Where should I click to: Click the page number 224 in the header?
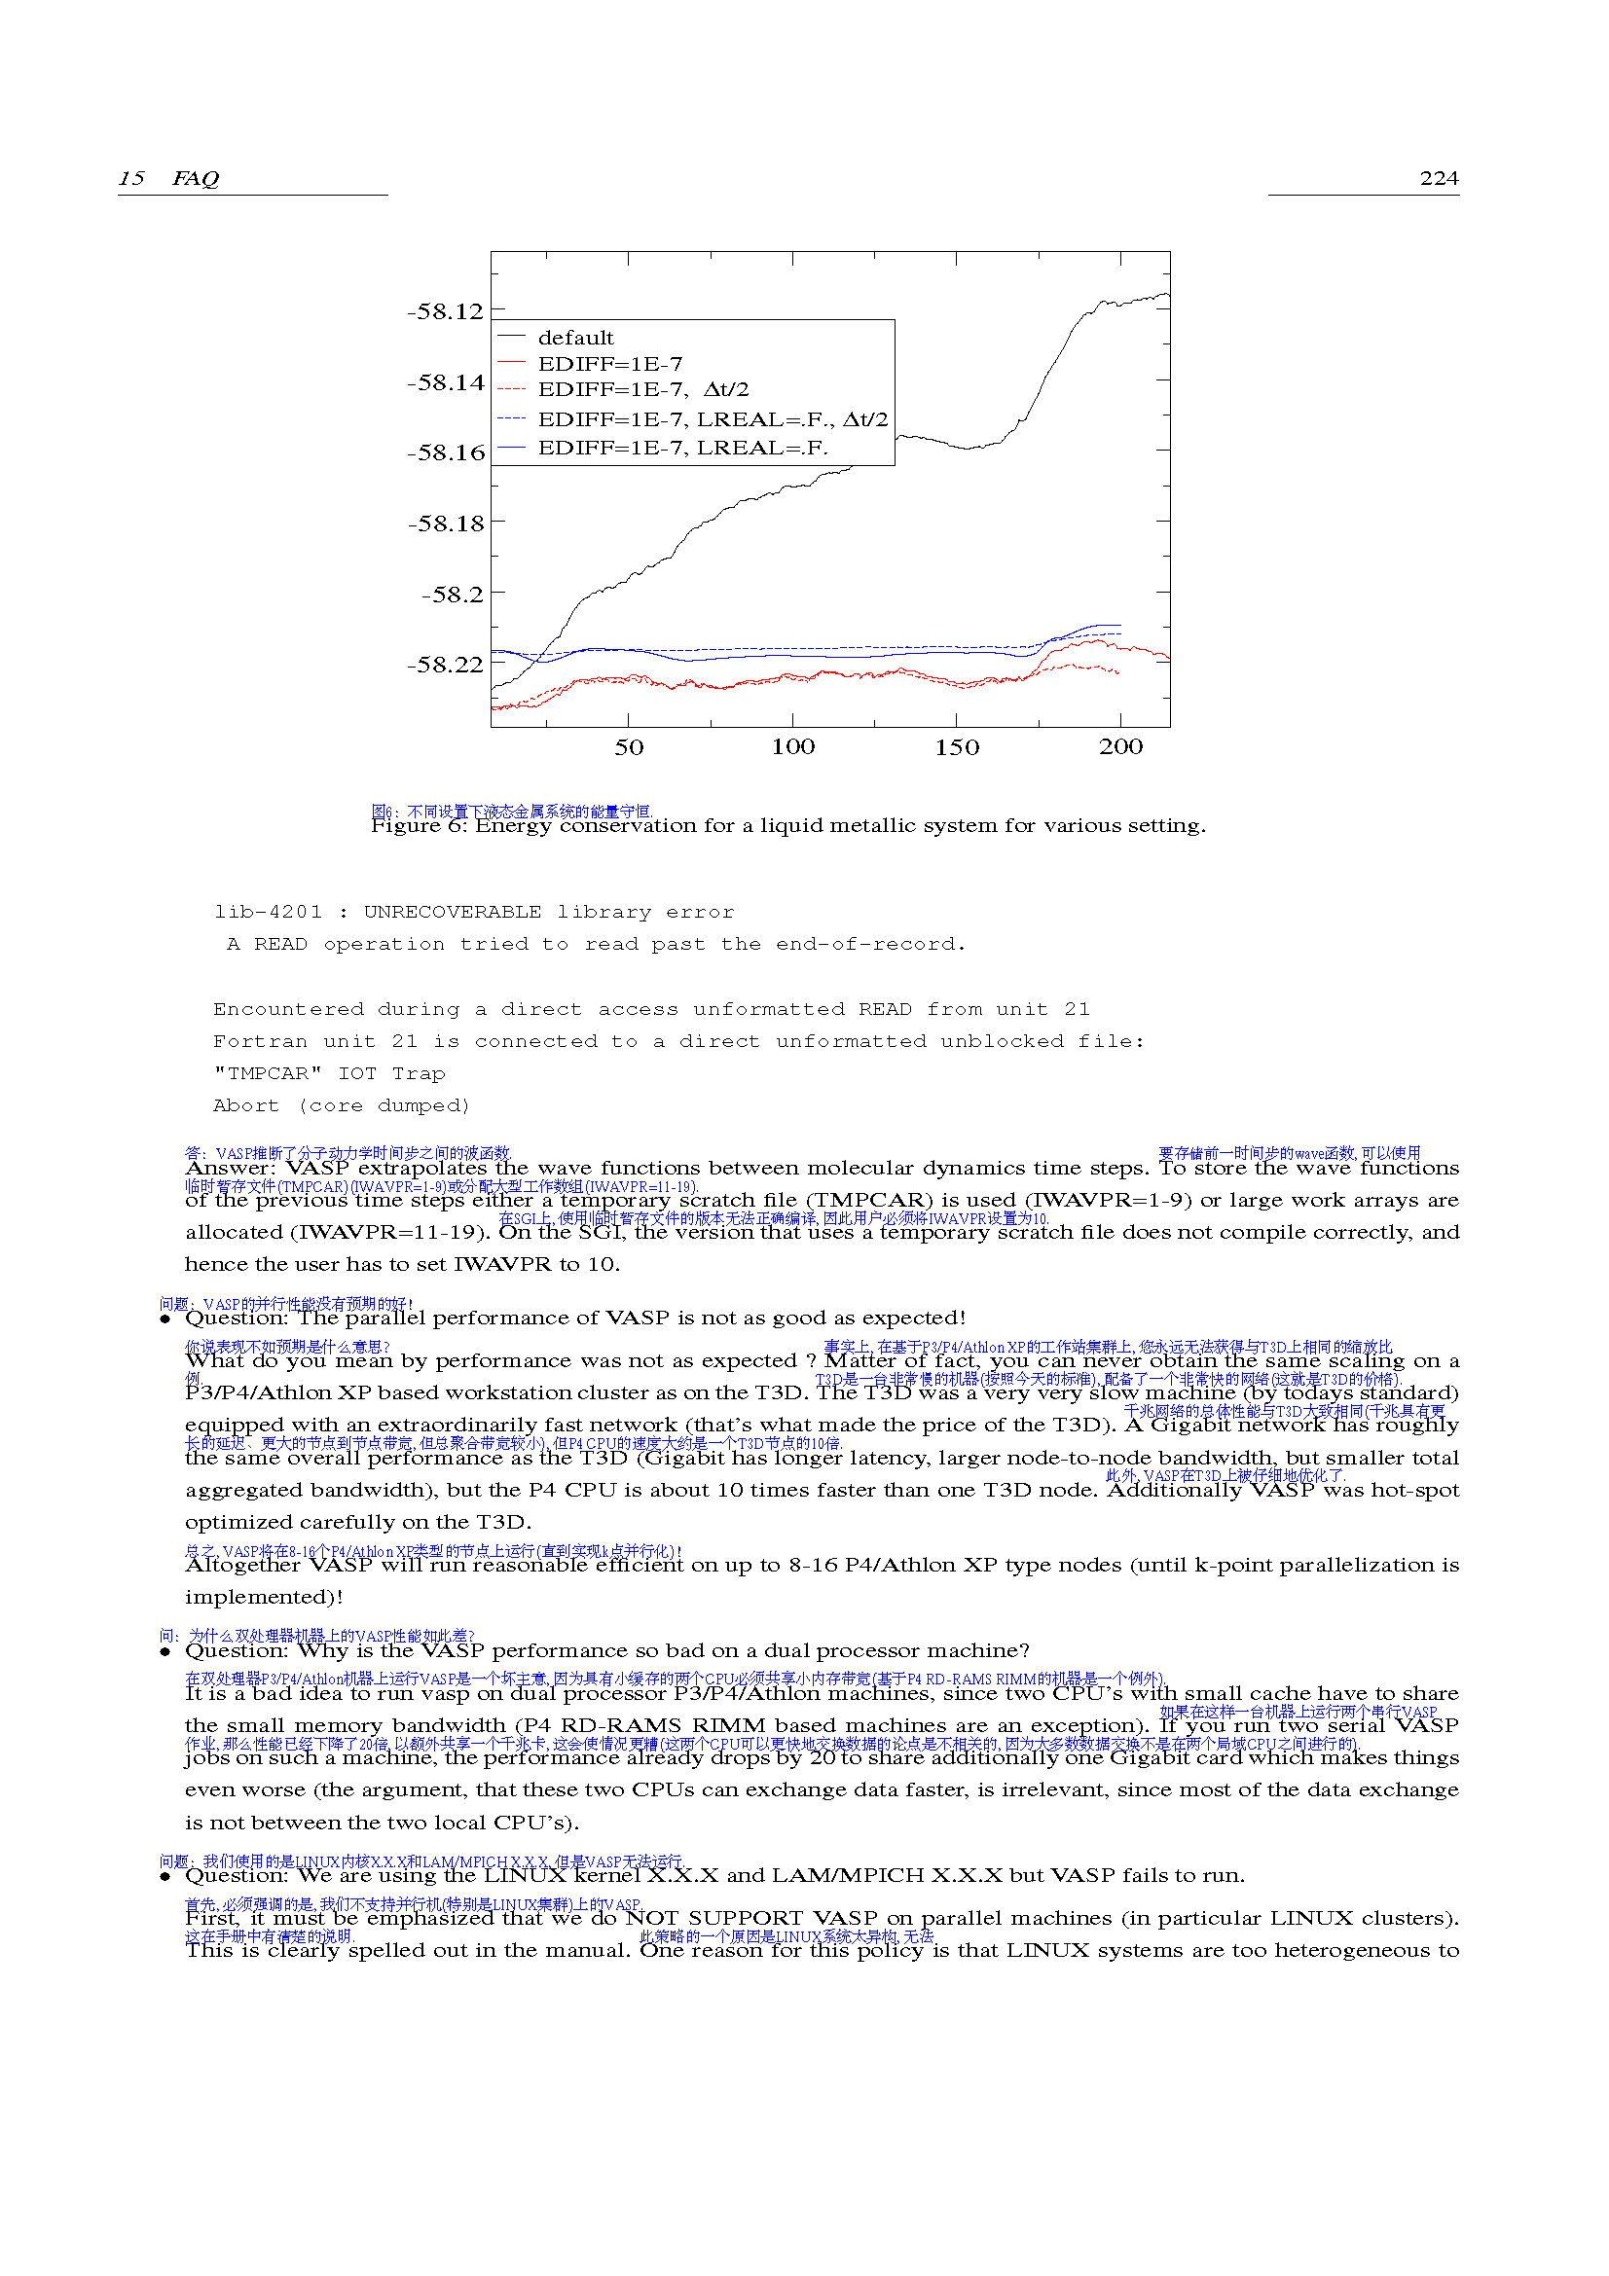(x=1439, y=178)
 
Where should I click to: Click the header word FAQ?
(x=196, y=178)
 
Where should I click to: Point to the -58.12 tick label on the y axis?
(x=445, y=312)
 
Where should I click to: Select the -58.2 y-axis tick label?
(x=452, y=595)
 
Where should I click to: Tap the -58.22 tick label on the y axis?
(x=445, y=666)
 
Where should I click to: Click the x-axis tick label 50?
(x=629, y=747)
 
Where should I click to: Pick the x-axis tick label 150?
(x=957, y=747)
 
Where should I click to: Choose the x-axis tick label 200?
(x=1120, y=747)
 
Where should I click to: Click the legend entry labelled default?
(x=576, y=338)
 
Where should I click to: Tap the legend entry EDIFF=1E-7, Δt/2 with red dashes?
(x=643, y=389)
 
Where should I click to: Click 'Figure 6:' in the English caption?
(x=419, y=826)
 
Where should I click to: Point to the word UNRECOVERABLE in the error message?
(x=452, y=912)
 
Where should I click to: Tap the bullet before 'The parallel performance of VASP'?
(x=165, y=1319)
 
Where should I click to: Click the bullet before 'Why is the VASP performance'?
(x=165, y=1651)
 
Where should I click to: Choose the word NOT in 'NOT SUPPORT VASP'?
(x=651, y=1919)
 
